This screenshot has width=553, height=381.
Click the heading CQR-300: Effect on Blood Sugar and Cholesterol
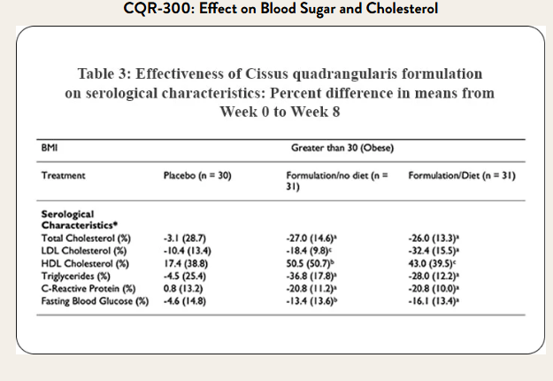(x=275, y=11)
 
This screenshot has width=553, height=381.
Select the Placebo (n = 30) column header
(x=196, y=176)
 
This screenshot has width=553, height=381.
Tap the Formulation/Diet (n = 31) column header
(x=462, y=176)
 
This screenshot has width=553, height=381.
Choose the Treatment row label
(x=64, y=176)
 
